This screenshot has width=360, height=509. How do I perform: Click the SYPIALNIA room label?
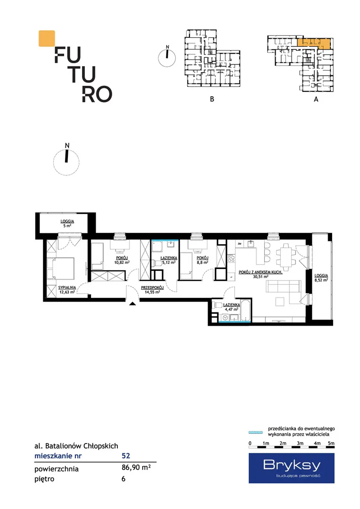coord(67,287)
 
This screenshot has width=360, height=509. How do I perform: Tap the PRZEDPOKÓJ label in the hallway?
coord(152,287)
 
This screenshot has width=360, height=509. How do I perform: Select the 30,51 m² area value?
coord(261,277)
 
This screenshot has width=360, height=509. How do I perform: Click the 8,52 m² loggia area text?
coord(321,280)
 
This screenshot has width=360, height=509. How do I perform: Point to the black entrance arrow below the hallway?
coord(132,304)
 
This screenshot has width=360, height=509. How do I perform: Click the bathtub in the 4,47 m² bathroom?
coord(246,311)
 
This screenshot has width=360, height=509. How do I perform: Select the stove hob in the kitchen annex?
coord(231,258)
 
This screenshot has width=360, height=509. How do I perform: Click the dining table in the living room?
coord(286,257)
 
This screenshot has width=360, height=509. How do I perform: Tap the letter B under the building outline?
coord(212,99)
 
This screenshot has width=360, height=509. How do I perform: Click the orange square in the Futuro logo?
coord(47,38)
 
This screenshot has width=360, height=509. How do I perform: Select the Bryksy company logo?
coord(292,468)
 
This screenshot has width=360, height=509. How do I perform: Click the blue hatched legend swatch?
coord(255,432)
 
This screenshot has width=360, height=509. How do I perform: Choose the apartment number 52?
coord(126,455)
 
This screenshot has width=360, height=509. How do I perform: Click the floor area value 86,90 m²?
coord(136,468)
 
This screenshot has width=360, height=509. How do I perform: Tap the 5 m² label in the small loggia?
coord(67,226)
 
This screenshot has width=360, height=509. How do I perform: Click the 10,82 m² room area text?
coord(122,263)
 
